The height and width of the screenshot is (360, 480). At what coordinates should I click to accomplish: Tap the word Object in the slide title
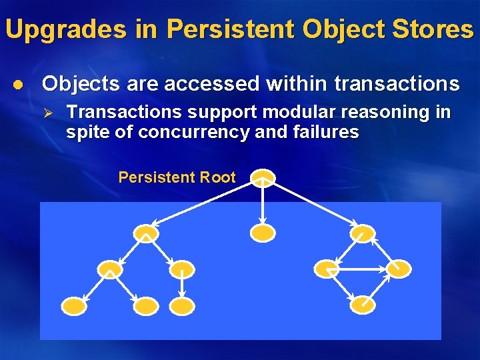(x=335, y=29)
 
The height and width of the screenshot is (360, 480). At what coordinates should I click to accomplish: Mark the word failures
(x=326, y=132)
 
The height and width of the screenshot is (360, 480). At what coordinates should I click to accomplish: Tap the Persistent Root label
(x=177, y=177)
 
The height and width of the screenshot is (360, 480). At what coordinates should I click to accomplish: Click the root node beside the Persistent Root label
(x=263, y=177)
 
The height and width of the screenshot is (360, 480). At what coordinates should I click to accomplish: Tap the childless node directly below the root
(x=263, y=233)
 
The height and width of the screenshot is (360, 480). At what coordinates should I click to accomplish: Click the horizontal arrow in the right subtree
(x=362, y=269)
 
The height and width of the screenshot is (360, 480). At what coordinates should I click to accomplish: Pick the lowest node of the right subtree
(x=363, y=305)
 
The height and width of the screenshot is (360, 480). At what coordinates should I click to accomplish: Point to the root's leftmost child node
(x=146, y=233)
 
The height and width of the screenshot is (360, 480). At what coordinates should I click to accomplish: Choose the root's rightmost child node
(x=363, y=233)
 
